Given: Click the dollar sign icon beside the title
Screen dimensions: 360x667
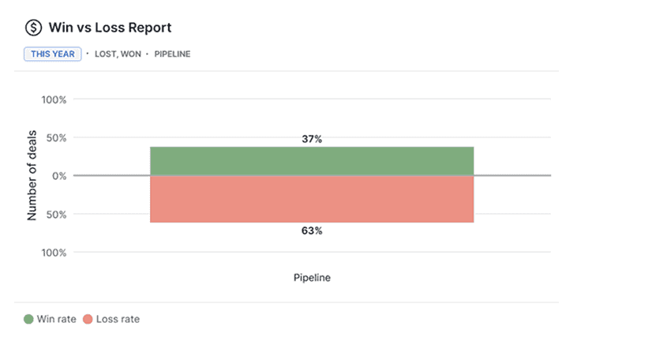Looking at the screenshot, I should click(x=33, y=28).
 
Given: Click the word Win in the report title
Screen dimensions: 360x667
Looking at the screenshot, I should click(x=60, y=28).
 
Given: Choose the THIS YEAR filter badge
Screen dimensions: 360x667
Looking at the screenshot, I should click(x=52, y=54).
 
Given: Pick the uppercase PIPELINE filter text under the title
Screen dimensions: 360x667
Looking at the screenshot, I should click(x=171, y=54).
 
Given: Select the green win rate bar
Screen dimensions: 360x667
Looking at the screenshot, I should click(x=312, y=161).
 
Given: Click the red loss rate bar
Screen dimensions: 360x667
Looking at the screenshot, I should click(x=312, y=199).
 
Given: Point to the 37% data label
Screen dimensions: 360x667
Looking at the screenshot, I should click(x=312, y=139).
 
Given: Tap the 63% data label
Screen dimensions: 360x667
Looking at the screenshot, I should click(x=312, y=231).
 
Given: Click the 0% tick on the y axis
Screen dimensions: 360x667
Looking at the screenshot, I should click(x=58, y=176).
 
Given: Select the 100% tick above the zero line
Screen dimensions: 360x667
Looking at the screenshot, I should click(x=54, y=100).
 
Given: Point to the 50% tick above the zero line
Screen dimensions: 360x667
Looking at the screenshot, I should click(x=56, y=138).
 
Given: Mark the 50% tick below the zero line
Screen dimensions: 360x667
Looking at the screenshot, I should click(x=56, y=214).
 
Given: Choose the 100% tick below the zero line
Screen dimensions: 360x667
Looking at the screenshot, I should click(x=54, y=253).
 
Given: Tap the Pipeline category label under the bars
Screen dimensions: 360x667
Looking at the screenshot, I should click(x=312, y=278).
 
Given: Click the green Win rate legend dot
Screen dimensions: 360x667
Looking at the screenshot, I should click(x=28, y=319).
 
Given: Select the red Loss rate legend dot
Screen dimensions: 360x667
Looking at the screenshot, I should click(x=88, y=319).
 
